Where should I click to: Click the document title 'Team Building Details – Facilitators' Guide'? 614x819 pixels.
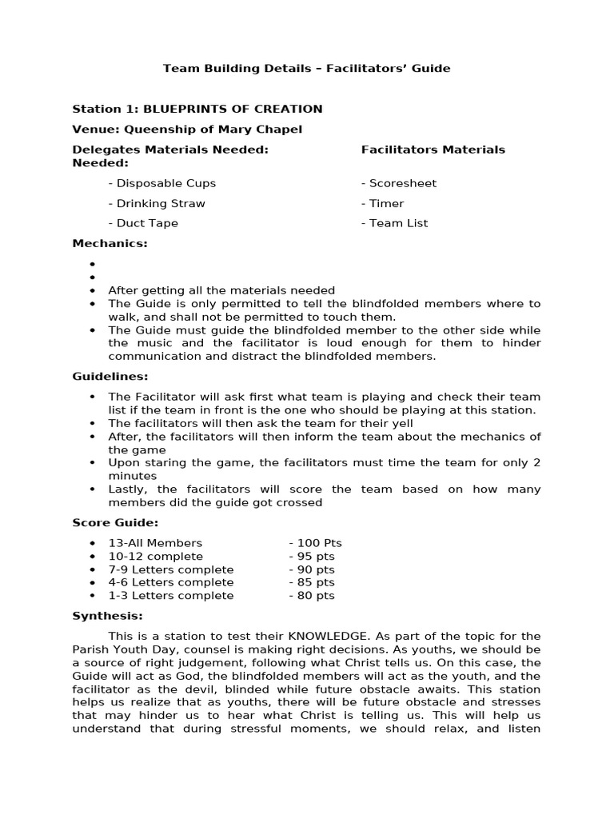[x=307, y=69]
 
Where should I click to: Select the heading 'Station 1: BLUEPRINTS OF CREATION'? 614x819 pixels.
[x=197, y=109]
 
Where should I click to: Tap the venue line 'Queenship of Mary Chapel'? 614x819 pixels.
[x=187, y=129]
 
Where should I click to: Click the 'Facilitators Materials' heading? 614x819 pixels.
[x=433, y=150]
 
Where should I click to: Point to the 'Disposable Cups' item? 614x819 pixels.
[x=162, y=183]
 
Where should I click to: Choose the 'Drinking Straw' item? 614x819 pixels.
[x=157, y=203]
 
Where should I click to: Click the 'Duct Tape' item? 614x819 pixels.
[x=143, y=223]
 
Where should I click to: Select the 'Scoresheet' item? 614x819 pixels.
[x=399, y=183]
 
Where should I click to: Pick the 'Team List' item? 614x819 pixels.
[x=394, y=223]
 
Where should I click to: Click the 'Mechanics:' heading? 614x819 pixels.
[x=110, y=243]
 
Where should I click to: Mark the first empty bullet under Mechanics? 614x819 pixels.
[x=93, y=264]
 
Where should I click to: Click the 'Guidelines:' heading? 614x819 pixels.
[x=110, y=376]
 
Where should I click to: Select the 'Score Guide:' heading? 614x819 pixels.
[x=115, y=522]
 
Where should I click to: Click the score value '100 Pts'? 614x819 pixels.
[x=315, y=543]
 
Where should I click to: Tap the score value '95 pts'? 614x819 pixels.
[x=312, y=556]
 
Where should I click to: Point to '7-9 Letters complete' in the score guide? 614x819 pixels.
[x=171, y=569]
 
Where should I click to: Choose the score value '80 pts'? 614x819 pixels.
[x=312, y=596]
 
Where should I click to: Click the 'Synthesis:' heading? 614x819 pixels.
[x=108, y=616]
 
